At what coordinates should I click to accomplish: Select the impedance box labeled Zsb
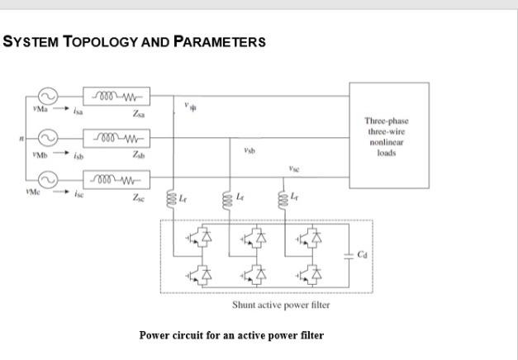[x=116, y=138]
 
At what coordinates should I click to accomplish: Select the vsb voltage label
[x=249, y=151]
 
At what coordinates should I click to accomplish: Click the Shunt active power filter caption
[x=281, y=305]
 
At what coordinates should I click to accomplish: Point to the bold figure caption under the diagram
[x=231, y=335]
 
